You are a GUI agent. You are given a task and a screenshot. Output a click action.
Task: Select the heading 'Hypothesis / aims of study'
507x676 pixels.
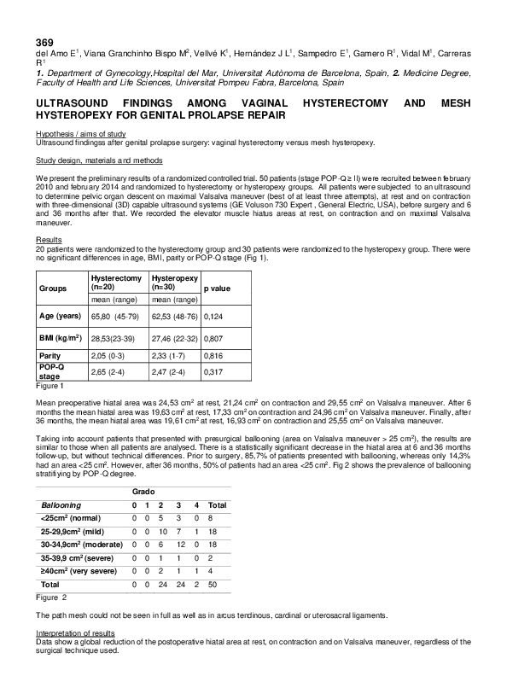pos(80,134)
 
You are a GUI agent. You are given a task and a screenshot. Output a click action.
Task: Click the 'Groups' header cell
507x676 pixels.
pos(53,289)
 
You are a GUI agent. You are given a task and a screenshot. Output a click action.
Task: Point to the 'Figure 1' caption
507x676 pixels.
pos(50,387)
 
